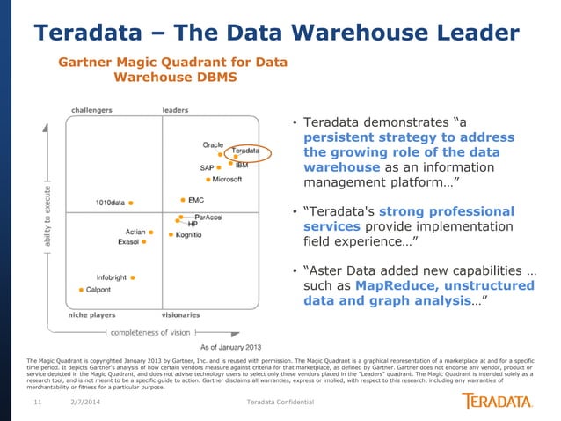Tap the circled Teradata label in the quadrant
pyautogui.click(x=251, y=151)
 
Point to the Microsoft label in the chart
pyautogui.click(x=227, y=179)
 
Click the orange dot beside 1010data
pyautogui.click(x=131, y=203)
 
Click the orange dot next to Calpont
pyautogui.click(x=82, y=289)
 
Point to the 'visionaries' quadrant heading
pyautogui.click(x=181, y=314)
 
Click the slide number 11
pyautogui.click(x=38, y=403)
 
